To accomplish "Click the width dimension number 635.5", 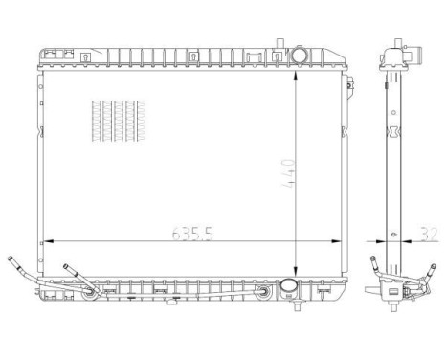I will [191, 233].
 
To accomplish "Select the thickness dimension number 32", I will [428, 233].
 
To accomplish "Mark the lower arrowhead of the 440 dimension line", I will [298, 274].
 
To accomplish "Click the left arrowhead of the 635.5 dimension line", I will [45, 240].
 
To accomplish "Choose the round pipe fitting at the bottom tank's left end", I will [90, 289].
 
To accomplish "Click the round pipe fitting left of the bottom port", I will [261, 289].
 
